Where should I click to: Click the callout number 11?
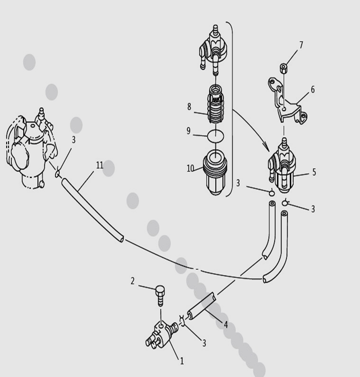(x=100, y=165)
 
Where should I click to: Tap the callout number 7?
(x=301, y=45)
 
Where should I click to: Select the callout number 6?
(x=313, y=89)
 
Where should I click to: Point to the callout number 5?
(x=314, y=172)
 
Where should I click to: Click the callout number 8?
(x=189, y=106)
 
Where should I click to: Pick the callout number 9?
(x=188, y=131)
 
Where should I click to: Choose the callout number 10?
(x=190, y=168)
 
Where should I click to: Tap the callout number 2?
(x=133, y=281)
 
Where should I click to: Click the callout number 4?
(x=226, y=325)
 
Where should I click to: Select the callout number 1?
(x=182, y=360)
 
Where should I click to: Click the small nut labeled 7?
(x=284, y=68)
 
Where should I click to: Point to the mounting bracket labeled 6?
(x=286, y=101)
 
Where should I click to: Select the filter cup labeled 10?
(x=215, y=172)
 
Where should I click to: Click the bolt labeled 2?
(x=160, y=295)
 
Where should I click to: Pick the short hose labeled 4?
(x=201, y=306)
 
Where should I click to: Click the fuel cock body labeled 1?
(x=161, y=335)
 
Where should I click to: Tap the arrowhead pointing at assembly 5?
(x=267, y=147)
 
